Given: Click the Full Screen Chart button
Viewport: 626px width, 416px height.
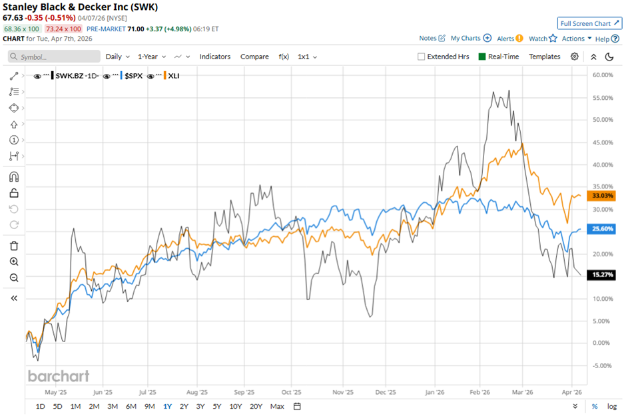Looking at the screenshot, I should pyautogui.click(x=589, y=23).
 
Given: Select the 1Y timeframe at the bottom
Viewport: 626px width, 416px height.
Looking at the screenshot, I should pyautogui.click(x=166, y=406).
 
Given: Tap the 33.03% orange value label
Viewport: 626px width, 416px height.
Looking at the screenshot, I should pyautogui.click(x=602, y=196).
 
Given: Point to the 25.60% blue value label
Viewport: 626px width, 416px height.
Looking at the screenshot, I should pyautogui.click(x=602, y=228).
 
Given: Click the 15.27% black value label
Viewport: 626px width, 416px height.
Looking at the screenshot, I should pyautogui.click(x=602, y=274).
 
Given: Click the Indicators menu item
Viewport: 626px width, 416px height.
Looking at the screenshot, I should pyautogui.click(x=215, y=57).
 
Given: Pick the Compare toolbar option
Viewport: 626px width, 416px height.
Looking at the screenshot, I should pyautogui.click(x=254, y=57).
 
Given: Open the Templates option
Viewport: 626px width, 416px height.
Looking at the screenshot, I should pyautogui.click(x=544, y=57).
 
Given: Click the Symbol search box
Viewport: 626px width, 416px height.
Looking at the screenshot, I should pyautogui.click(x=55, y=57).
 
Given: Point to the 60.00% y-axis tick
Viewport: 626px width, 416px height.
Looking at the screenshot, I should pyautogui.click(x=602, y=75).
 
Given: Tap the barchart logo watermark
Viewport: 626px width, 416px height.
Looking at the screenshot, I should pyautogui.click(x=59, y=376).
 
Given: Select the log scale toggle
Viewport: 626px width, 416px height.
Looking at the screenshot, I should pyautogui.click(x=612, y=406).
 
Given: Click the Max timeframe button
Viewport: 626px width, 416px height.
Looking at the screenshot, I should pyautogui.click(x=277, y=406).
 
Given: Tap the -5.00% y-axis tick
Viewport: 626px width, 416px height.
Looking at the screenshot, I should pyautogui.click(x=602, y=365).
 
